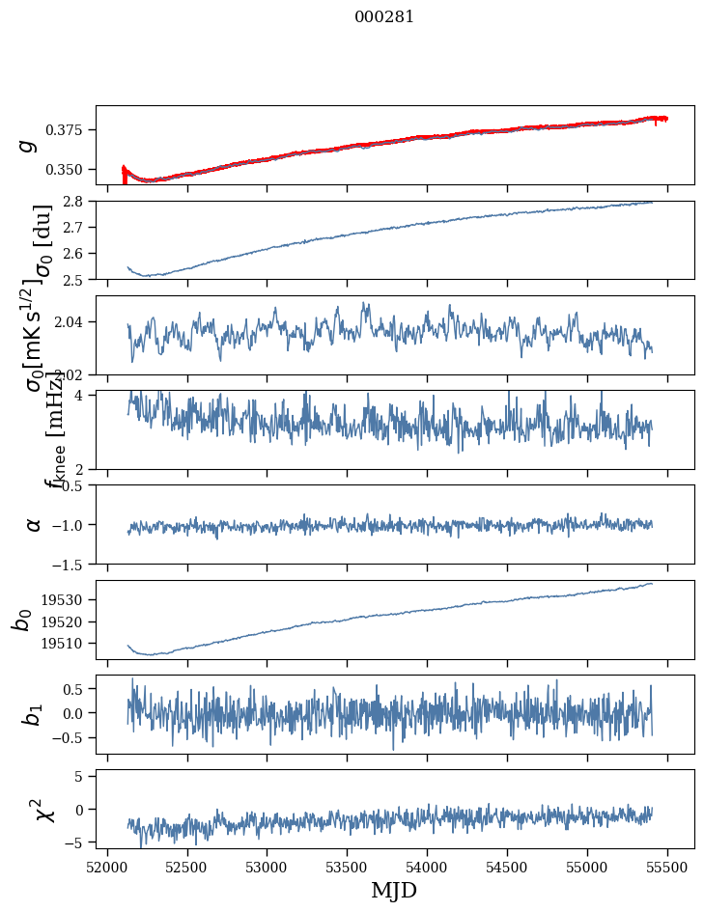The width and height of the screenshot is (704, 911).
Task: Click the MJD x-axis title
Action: point(394,890)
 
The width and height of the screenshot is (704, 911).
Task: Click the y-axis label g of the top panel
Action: point(30,145)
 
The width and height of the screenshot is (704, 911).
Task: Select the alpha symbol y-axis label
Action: point(34,524)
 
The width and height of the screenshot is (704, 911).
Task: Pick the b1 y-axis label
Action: point(32,714)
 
